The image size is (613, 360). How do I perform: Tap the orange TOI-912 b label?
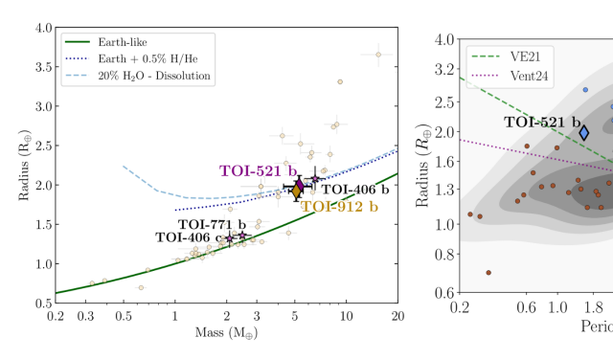tap(339, 206)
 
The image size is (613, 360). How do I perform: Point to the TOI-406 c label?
tap(188, 236)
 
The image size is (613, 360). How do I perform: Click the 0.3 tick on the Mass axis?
tap(91, 314)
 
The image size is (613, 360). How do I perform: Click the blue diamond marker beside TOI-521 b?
tap(584, 132)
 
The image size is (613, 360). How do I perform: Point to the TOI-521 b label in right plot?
tap(543, 122)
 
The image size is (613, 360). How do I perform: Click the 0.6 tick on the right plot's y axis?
tap(442, 291)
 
